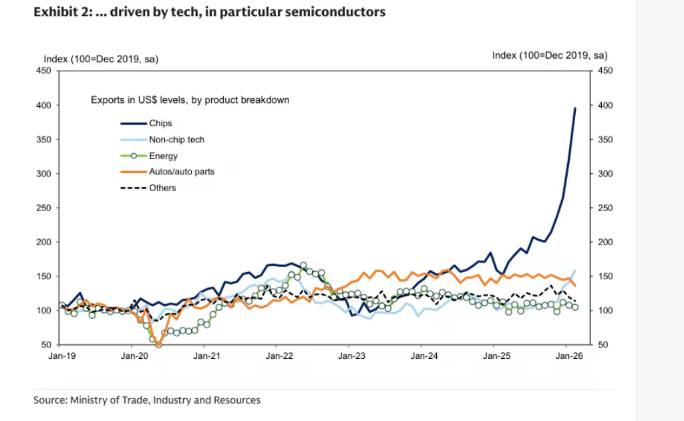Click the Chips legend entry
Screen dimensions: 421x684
(x=160, y=123)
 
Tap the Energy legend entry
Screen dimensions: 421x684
(x=163, y=156)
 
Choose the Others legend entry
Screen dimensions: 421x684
(x=163, y=188)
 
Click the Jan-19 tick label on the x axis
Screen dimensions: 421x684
(x=61, y=357)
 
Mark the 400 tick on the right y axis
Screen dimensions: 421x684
(x=603, y=106)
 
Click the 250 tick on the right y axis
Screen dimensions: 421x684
(x=603, y=208)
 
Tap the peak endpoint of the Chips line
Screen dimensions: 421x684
(x=575, y=108)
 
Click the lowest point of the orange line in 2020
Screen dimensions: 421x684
(x=158, y=343)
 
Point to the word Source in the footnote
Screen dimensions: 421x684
(x=49, y=400)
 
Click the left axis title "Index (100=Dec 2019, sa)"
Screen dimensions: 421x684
(x=101, y=59)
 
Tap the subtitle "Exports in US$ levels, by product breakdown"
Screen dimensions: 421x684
(x=190, y=100)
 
